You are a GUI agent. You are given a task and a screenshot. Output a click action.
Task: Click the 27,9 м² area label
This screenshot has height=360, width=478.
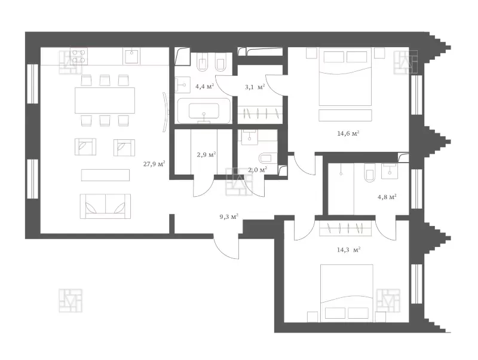pyautogui.click(x=154, y=164)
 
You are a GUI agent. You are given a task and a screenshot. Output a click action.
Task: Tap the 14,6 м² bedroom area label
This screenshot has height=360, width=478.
pyautogui.click(x=348, y=133)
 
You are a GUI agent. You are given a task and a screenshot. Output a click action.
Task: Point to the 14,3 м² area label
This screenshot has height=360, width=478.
pyautogui.click(x=349, y=250)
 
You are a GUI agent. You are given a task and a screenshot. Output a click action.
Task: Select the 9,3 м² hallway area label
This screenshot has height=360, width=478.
pyautogui.click(x=229, y=217)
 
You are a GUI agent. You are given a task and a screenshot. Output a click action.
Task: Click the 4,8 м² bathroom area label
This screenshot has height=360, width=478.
pyautogui.click(x=387, y=197)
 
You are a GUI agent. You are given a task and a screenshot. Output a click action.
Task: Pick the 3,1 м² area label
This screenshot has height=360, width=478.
pyautogui.click(x=255, y=87)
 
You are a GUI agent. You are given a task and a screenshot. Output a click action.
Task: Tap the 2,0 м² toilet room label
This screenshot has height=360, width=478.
pyautogui.click(x=258, y=170)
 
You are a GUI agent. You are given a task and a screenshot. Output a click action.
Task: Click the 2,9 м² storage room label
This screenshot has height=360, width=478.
pyautogui.click(x=206, y=155)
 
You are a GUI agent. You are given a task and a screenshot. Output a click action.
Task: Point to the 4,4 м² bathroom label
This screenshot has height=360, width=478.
pyautogui.click(x=204, y=86)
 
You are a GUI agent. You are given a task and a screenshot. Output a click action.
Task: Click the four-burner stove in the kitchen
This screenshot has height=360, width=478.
pyautogui.click(x=79, y=56)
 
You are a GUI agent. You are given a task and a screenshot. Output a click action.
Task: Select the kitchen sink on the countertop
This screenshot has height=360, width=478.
pyautogui.click(x=131, y=57)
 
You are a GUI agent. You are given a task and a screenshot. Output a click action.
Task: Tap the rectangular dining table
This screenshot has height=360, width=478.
pyautogui.click(x=105, y=100)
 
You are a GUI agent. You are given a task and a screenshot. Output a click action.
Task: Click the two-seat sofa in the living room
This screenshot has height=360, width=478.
pyautogui.click(x=106, y=206)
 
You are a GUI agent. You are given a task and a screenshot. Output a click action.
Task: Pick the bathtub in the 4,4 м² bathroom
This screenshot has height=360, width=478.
pyautogui.click(x=204, y=111)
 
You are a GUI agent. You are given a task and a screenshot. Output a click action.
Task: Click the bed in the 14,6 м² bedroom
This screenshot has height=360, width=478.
pyautogui.click(x=345, y=77)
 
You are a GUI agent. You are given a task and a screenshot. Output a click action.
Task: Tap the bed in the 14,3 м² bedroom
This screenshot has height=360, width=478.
pyautogui.click(x=347, y=293)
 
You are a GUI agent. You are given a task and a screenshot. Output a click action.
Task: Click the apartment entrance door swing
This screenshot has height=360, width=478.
pyautogui.click(x=226, y=247)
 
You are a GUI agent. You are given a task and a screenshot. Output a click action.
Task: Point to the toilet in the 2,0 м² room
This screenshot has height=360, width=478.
pyautogui.click(x=267, y=158)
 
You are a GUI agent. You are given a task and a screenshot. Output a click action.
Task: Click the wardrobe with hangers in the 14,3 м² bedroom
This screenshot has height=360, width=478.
pyautogui.click(x=345, y=228)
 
